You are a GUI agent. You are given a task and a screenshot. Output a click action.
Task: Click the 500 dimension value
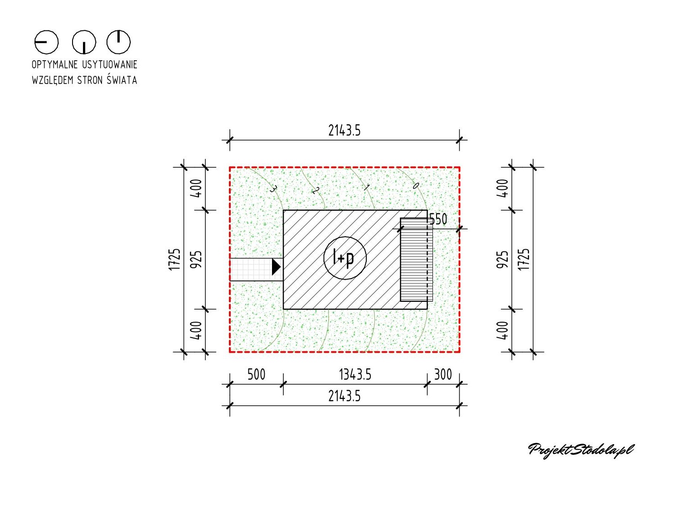pyautogui.click(x=256, y=374)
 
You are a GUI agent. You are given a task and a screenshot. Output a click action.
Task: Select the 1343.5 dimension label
pyautogui.click(x=355, y=374)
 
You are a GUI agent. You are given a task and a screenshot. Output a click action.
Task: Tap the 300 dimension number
pyautogui.click(x=443, y=374)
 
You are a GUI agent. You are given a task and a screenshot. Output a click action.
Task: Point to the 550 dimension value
pyautogui.click(x=438, y=219)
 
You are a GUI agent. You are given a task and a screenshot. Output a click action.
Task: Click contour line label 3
pyautogui.click(x=273, y=189)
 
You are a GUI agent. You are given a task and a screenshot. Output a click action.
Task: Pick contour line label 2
pyautogui.click(x=315, y=191)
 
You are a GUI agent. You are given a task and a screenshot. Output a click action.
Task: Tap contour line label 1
pyautogui.click(x=366, y=187)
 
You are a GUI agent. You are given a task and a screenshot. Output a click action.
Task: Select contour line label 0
pyautogui.click(x=416, y=185)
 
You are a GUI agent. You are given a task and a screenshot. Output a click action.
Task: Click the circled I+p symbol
pyautogui.click(x=345, y=258)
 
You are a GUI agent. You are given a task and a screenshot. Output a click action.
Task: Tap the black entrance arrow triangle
pyautogui.click(x=276, y=266)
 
